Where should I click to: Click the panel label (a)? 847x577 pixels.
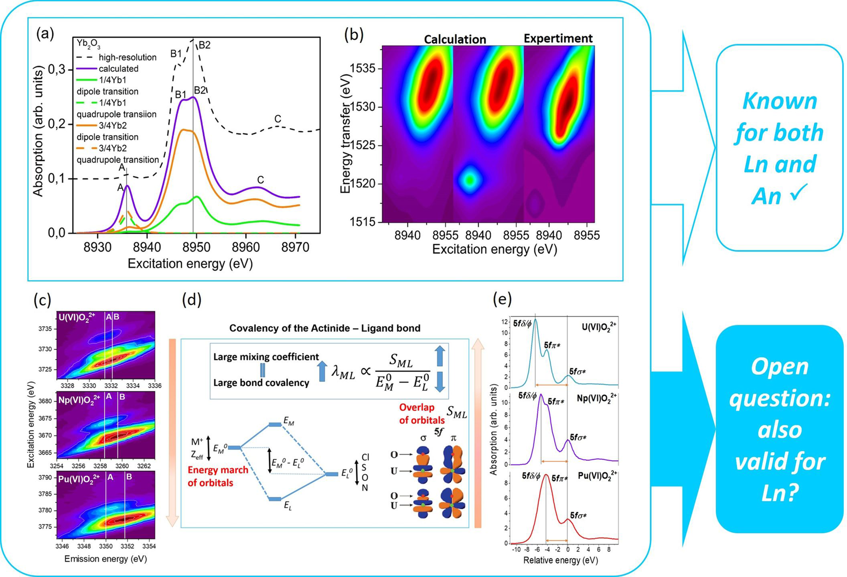click(x=45, y=34)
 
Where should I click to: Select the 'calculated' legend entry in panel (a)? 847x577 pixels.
click(x=119, y=69)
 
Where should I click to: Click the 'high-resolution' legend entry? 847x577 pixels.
click(x=127, y=57)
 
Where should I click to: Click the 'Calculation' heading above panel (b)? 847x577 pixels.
click(x=454, y=39)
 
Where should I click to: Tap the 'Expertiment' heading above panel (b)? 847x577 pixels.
click(x=558, y=38)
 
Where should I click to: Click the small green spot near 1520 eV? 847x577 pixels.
click(x=469, y=180)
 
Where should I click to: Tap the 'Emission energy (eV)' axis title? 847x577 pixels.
click(x=106, y=559)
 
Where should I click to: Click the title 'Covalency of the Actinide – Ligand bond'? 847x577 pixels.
click(x=325, y=328)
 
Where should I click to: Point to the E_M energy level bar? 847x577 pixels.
click(x=274, y=425)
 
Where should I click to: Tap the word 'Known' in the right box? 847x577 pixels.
click(x=779, y=101)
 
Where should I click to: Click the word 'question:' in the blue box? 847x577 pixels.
click(x=780, y=398)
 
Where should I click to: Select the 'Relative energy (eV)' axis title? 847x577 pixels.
click(x=560, y=561)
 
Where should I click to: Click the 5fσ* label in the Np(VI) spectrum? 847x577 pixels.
click(x=578, y=437)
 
